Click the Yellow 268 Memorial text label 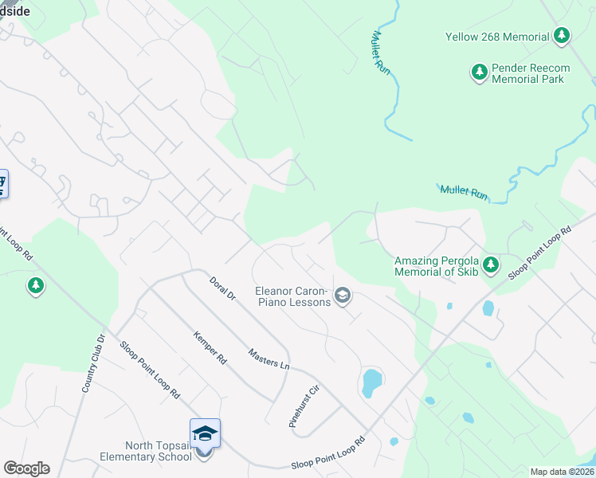497,37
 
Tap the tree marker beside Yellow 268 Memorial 563,36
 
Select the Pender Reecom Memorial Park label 527,73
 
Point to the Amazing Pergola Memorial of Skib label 436,266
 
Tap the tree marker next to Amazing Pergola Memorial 491,264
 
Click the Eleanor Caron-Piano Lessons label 292,296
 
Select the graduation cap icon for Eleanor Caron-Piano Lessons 343,296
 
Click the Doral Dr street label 222,288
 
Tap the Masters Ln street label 269,358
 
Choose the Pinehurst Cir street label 304,407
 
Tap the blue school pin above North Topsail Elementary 205,433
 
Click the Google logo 26,468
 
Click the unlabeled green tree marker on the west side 35,284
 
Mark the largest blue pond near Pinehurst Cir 371,382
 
